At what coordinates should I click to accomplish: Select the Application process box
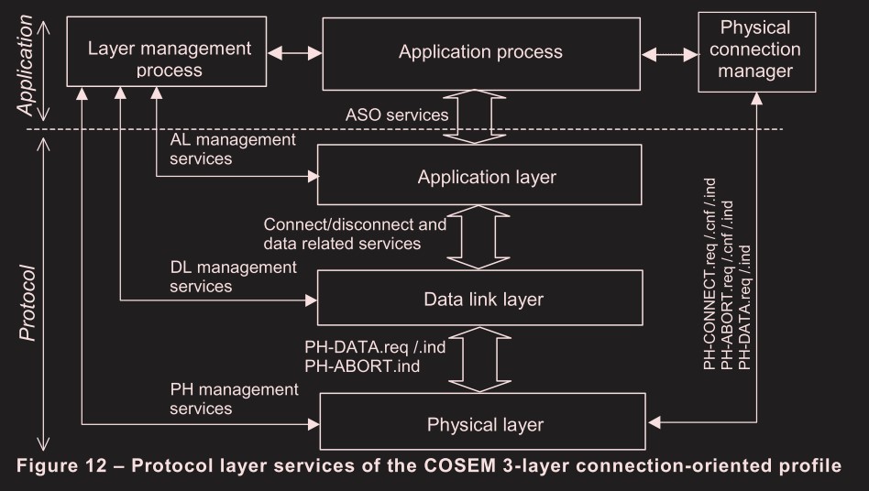click(480, 52)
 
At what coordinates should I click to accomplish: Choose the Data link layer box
click(484, 299)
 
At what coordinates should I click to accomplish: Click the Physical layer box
click(486, 424)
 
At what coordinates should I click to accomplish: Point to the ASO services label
click(396, 115)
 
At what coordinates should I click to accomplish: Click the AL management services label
click(233, 148)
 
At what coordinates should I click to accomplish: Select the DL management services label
click(233, 276)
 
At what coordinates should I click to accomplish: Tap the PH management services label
click(234, 398)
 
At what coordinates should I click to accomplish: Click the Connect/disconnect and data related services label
click(355, 234)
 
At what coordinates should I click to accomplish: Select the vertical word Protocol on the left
click(27, 303)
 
